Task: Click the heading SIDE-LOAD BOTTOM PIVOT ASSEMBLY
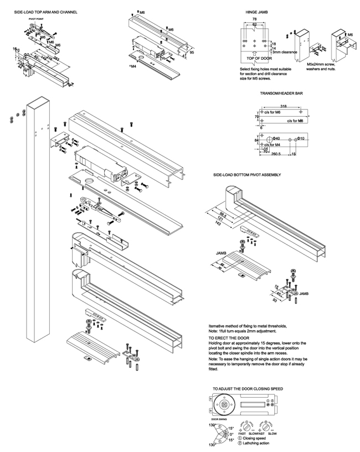246,175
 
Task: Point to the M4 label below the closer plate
133,66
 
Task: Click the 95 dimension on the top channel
191,53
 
